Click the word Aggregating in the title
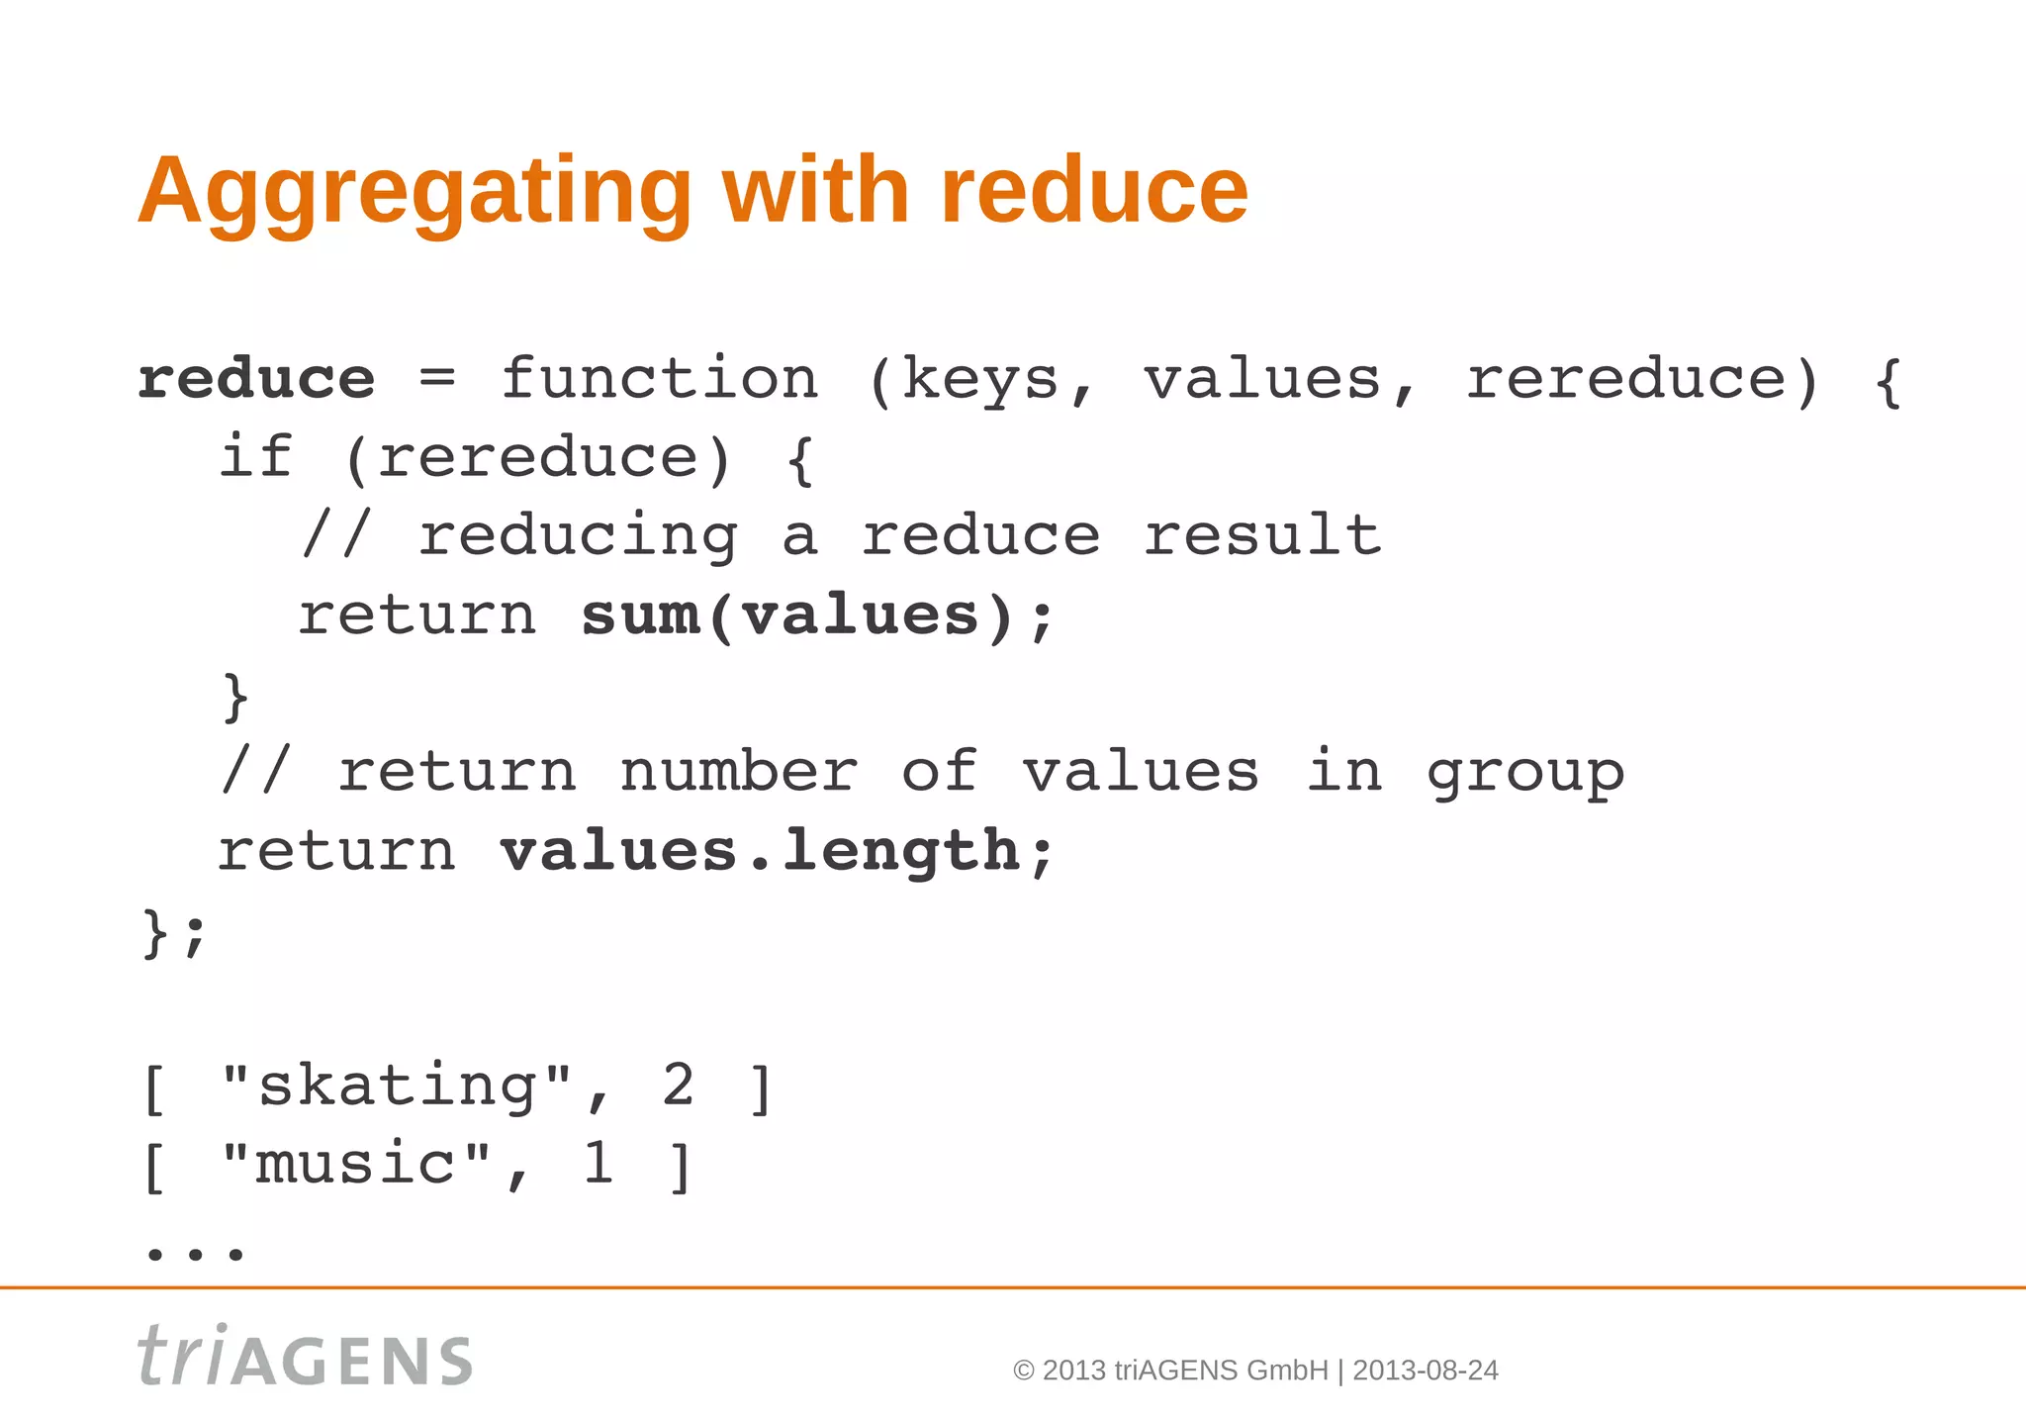coord(414,192)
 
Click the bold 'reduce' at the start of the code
coord(256,379)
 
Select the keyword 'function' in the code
coord(659,379)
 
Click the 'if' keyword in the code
coord(255,457)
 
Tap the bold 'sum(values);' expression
coord(819,615)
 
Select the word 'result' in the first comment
coord(1262,535)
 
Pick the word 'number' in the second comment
coord(738,772)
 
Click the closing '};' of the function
coord(174,932)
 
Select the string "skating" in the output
coord(396,1087)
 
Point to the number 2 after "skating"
coord(678,1086)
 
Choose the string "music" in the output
coord(356,1165)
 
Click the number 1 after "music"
coord(598,1164)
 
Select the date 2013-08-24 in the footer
coord(1425,1371)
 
